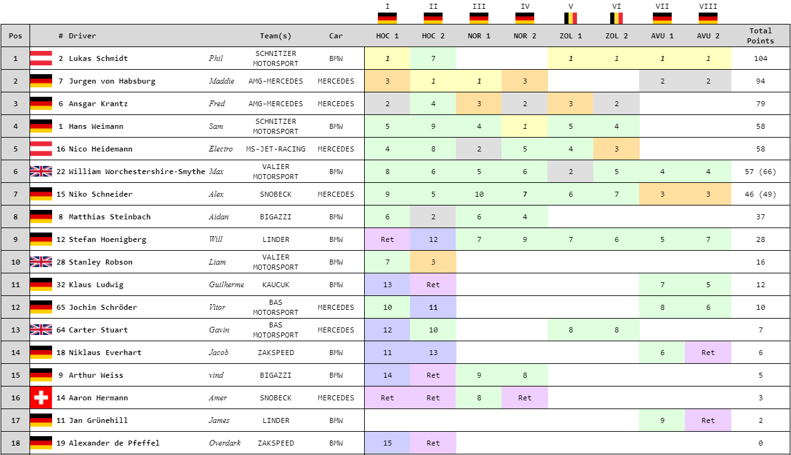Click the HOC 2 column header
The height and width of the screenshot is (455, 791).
(x=433, y=36)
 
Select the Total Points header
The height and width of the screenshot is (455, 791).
(x=760, y=36)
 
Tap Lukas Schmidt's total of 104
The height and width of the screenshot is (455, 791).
(x=760, y=58)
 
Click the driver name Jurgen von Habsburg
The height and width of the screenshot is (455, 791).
(x=103, y=81)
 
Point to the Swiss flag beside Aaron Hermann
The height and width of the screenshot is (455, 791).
(x=41, y=398)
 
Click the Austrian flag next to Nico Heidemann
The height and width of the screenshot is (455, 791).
(x=41, y=149)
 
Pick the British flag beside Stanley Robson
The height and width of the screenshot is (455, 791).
(x=41, y=262)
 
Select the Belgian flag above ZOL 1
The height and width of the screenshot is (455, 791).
(x=571, y=18)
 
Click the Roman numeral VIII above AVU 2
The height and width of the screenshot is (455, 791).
(x=708, y=7)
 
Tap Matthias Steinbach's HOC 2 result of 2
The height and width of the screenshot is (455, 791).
(x=433, y=217)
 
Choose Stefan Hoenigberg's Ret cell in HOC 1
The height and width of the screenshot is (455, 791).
(x=387, y=239)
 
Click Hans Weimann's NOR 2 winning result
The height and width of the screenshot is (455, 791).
(x=525, y=126)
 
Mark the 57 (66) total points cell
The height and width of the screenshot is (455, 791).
(x=760, y=172)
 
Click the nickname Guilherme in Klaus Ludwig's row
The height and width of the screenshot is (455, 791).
(x=226, y=285)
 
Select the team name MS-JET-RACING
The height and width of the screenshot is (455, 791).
(x=276, y=149)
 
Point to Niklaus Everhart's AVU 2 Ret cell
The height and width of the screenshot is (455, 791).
(x=708, y=353)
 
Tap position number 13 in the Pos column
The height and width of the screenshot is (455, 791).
(x=16, y=330)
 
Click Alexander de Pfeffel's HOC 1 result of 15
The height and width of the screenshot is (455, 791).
(x=387, y=443)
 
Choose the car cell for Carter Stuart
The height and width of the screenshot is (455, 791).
(x=336, y=330)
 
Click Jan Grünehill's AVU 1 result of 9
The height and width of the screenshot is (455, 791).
(x=662, y=420)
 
